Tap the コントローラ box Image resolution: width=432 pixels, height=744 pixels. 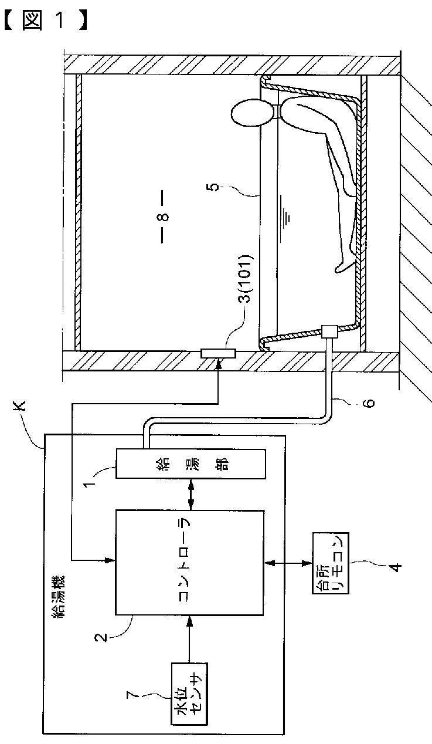189,562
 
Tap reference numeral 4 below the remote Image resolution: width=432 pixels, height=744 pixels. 396,567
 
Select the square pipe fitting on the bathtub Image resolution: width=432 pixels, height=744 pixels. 329,332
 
